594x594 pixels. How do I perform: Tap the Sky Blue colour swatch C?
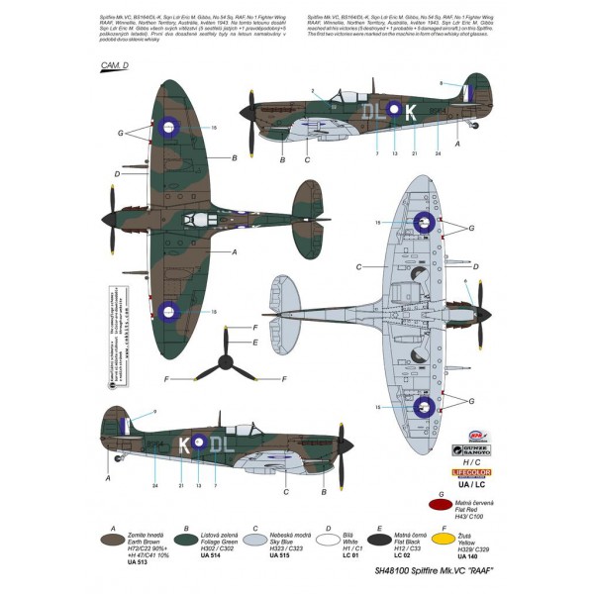pos(251,544)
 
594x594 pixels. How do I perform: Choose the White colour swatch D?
pos(328,544)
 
